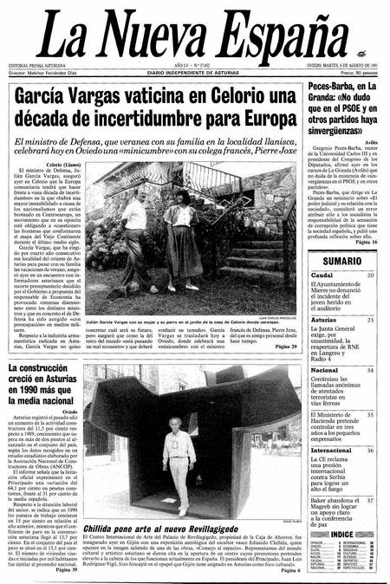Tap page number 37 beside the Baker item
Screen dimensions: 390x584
pos(370,500)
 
